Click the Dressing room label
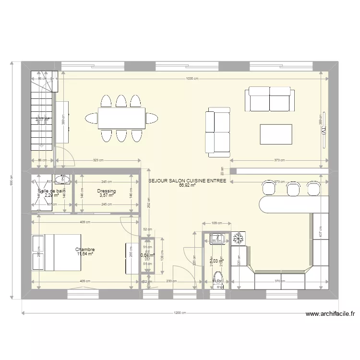click(106, 191)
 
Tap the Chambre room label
click(85, 250)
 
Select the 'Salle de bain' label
click(51, 191)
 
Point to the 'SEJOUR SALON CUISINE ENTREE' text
click(187, 181)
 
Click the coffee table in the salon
click(276, 134)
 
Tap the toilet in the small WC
click(219, 279)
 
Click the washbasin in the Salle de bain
click(62, 180)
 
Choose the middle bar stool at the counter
click(292, 189)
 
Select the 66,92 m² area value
click(187, 185)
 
